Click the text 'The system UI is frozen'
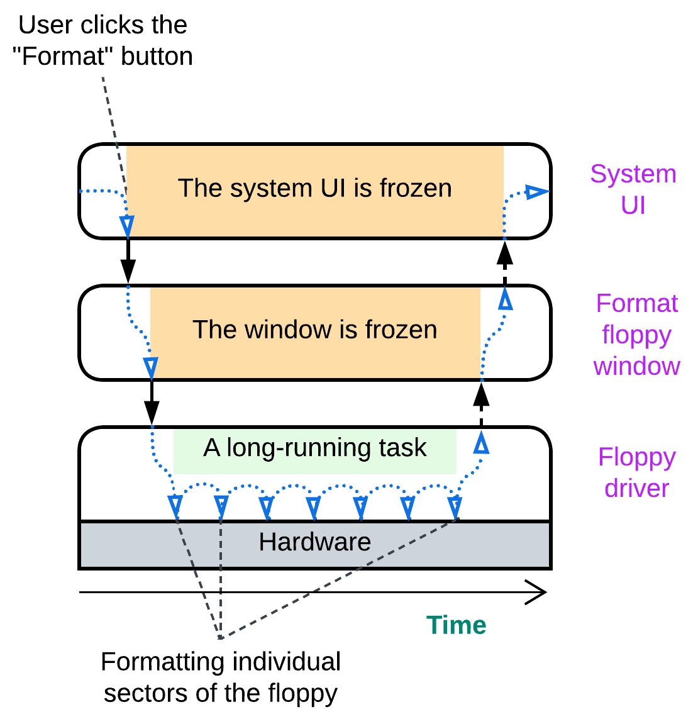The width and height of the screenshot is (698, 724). click(314, 188)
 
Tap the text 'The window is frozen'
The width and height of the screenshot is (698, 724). click(314, 330)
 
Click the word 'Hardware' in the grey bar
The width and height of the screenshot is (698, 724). click(314, 542)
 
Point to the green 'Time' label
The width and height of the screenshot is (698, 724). click(456, 625)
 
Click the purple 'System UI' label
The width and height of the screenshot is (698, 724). click(633, 189)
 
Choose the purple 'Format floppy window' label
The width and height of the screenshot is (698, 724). click(636, 335)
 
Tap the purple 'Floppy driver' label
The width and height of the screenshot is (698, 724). click(636, 472)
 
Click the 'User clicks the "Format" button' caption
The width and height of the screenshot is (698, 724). click(102, 40)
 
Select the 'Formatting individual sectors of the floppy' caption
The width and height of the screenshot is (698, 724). click(220, 677)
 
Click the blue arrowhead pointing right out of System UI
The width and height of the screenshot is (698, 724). click(536, 192)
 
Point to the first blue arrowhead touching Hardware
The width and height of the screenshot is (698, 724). click(175, 506)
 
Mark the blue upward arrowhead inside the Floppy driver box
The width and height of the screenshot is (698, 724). click(481, 444)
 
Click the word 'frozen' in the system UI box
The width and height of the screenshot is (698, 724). click(416, 188)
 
